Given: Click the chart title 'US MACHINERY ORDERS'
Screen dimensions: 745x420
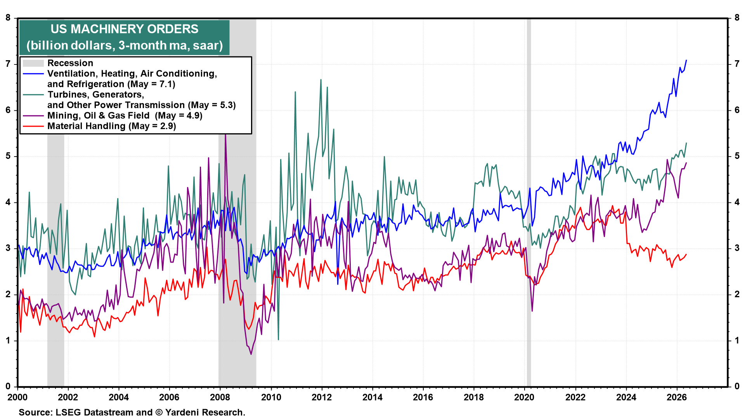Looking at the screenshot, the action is [x=124, y=29].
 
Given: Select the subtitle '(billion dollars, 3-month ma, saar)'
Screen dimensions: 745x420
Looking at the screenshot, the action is [x=125, y=45].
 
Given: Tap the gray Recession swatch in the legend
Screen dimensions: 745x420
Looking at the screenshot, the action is [x=33, y=63].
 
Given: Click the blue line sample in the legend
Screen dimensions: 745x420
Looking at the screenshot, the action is [x=33, y=73].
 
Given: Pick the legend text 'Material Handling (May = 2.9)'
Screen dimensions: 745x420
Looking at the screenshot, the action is [x=112, y=126].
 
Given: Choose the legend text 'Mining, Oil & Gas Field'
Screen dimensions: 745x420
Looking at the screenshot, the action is [x=98, y=115].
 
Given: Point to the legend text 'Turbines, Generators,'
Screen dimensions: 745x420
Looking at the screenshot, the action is [x=96, y=95].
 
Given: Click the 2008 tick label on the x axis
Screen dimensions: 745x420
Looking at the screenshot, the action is [x=220, y=397].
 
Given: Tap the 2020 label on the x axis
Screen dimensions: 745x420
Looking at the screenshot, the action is [x=524, y=397].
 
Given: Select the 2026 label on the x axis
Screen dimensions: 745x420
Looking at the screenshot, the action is [x=676, y=397].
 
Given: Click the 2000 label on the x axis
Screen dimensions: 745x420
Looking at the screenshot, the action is [x=17, y=397].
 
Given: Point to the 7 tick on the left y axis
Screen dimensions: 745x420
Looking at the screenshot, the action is [x=8, y=64].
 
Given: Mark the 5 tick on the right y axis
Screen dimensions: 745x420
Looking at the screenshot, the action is [x=737, y=156].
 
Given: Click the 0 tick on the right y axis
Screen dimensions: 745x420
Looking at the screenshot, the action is [x=737, y=387].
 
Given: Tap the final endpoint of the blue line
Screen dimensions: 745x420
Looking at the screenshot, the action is [x=686, y=60].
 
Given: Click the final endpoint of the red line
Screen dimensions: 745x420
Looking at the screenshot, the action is [x=686, y=254].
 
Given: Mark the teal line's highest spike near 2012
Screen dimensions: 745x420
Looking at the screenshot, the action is [x=321, y=80].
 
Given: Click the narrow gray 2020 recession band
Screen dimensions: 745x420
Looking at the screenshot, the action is [x=529, y=202].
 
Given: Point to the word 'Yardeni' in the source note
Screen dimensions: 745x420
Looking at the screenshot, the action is [x=181, y=412].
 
